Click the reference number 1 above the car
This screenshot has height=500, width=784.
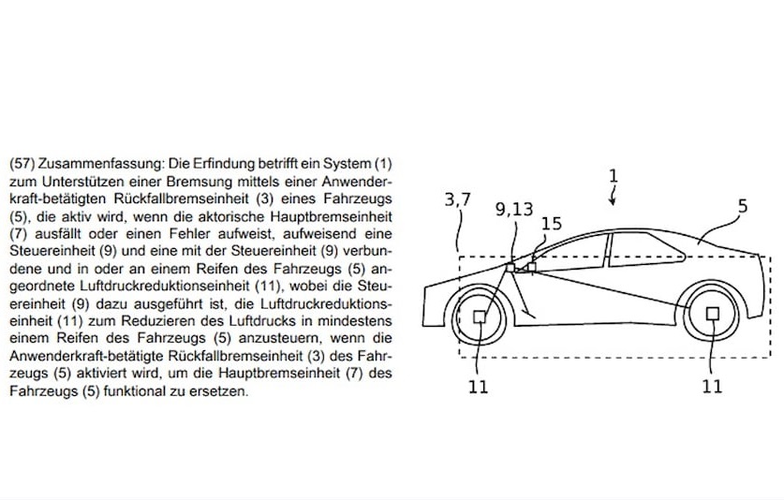click(614, 176)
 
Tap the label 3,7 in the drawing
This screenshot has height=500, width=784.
click(458, 200)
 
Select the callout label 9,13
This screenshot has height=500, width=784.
click(514, 210)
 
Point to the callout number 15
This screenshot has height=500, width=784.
click(552, 224)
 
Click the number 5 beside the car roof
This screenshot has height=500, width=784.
click(743, 205)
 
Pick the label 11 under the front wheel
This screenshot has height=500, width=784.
click(478, 387)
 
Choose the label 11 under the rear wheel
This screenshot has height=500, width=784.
click(712, 387)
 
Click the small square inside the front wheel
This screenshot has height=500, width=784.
click(480, 316)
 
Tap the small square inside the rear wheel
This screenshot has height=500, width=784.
click(713, 314)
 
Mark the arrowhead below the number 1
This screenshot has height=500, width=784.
click(613, 202)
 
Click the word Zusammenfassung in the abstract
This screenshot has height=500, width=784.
click(101, 164)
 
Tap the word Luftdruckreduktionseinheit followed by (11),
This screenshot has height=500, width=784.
click(166, 287)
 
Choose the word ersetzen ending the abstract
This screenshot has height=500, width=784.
click(218, 391)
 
